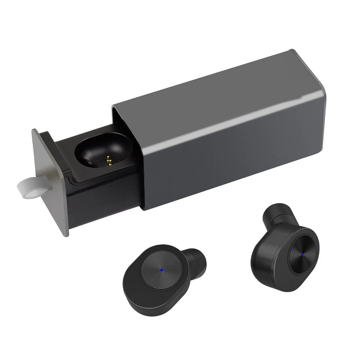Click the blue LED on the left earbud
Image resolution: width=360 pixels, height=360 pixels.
point(162,269)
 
